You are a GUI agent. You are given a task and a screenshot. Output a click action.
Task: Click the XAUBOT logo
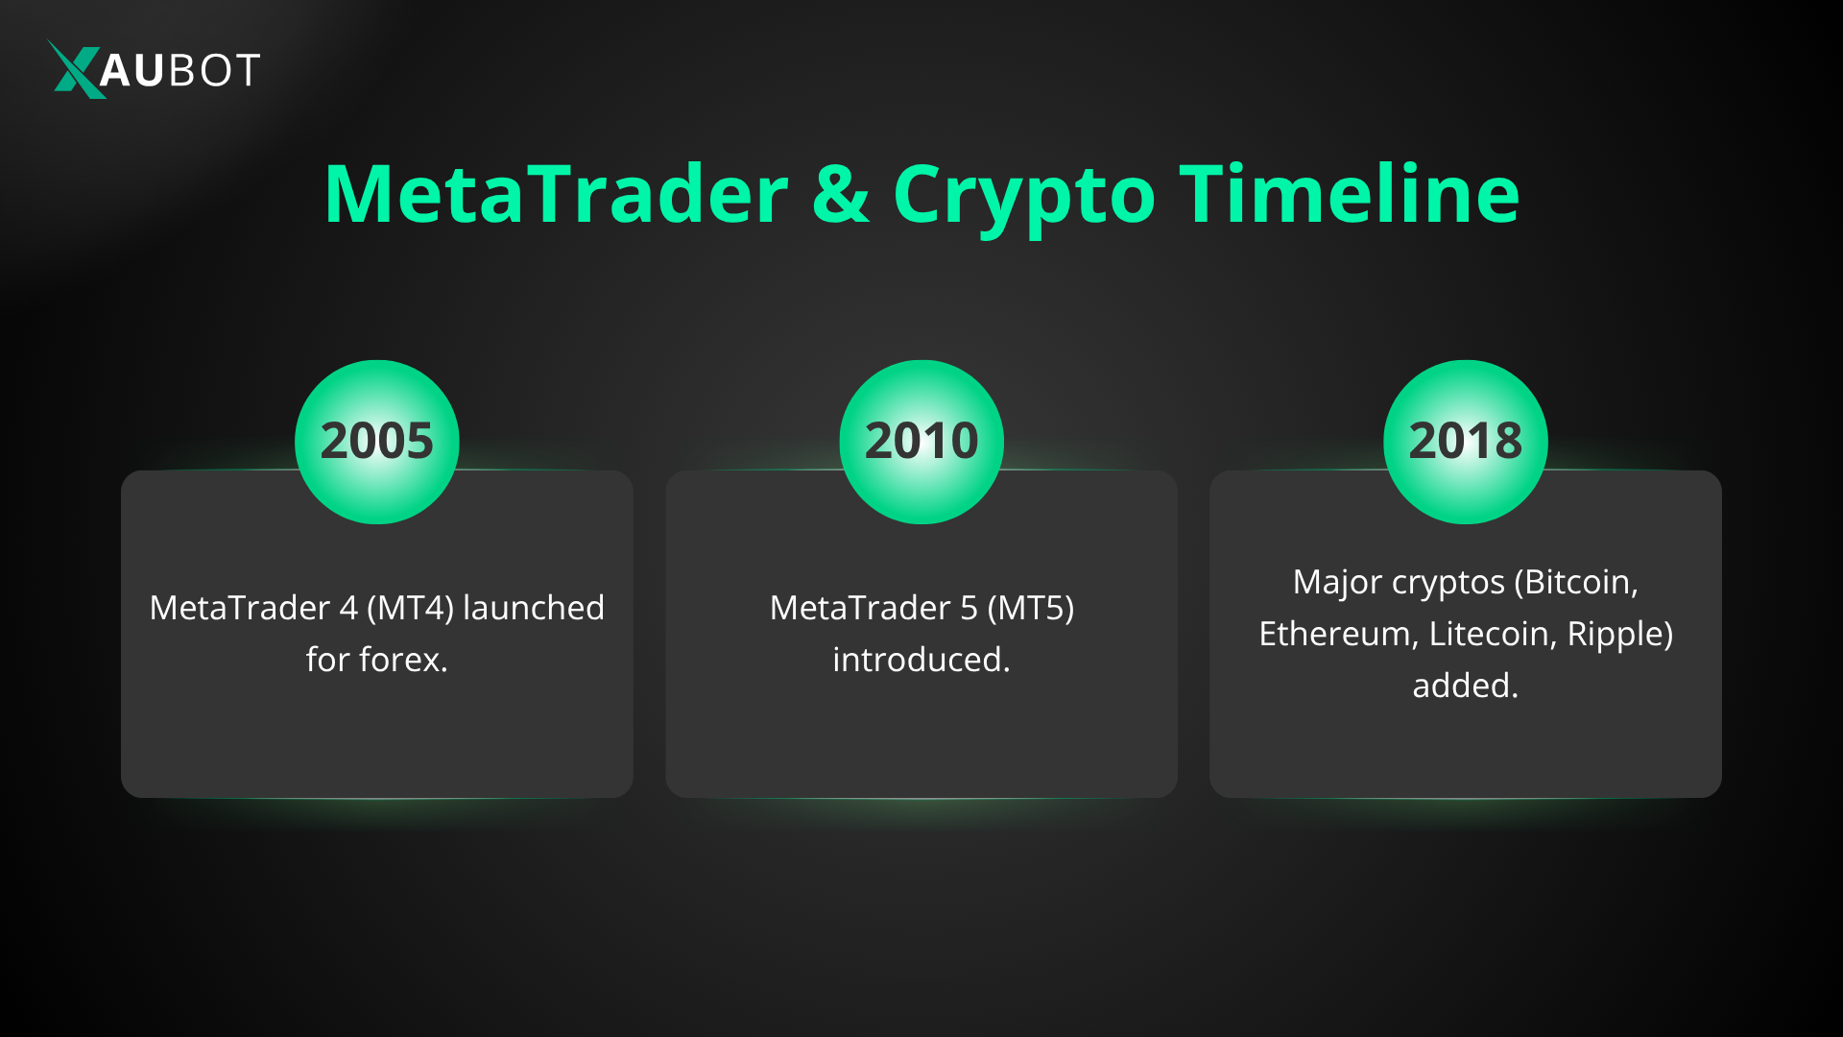(154, 69)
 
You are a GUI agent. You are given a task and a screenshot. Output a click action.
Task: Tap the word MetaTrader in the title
(556, 195)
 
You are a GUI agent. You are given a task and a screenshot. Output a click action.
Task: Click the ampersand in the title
(840, 195)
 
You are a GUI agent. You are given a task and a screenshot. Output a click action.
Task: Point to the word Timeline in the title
(1349, 195)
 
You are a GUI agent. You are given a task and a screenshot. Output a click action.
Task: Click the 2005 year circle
(376, 442)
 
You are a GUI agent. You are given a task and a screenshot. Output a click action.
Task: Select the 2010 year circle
(921, 442)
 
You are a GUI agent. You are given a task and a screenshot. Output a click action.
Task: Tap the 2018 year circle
(1465, 442)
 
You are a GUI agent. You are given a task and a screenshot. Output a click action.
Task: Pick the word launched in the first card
(534, 609)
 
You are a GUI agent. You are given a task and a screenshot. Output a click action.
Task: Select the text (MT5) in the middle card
(1030, 609)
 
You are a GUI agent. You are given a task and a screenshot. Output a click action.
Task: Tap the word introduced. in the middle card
(921, 661)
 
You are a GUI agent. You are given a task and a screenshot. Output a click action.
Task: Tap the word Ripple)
(1620, 635)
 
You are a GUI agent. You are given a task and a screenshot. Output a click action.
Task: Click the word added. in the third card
(1465, 687)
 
